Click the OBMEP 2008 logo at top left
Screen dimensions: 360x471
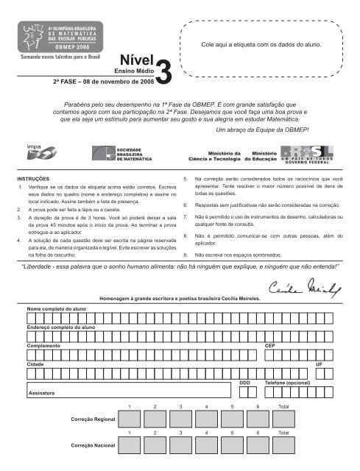click(x=57, y=29)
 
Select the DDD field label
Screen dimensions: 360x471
click(x=244, y=383)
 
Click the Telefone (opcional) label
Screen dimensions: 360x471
click(x=287, y=383)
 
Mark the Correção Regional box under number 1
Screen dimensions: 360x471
click(x=130, y=419)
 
